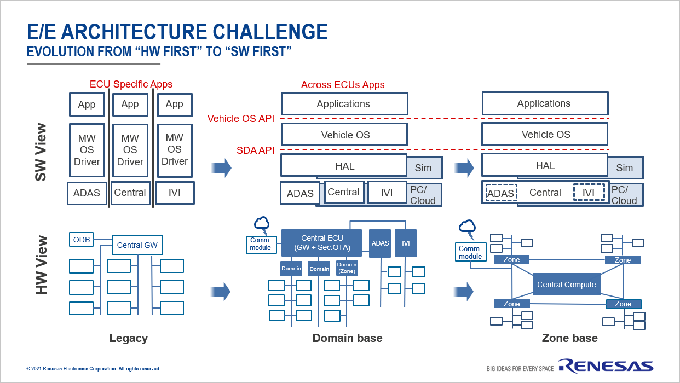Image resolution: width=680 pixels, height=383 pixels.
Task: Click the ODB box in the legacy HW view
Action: pyautogui.click(x=81, y=240)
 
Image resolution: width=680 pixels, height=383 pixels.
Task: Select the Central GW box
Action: pyautogui.click(x=137, y=245)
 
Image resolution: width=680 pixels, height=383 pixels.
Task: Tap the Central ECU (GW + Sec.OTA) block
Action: pyautogui.click(x=321, y=243)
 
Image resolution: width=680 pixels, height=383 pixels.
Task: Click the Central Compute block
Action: pyautogui.click(x=567, y=285)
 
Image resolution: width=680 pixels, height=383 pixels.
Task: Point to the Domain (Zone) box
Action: pyautogui.click(x=347, y=268)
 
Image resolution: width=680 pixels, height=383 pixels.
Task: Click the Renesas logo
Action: pyautogui.click(x=606, y=366)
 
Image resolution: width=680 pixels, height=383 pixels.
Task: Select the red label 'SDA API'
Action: pyautogui.click(x=255, y=150)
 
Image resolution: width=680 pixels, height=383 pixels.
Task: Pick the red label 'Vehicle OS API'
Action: pyautogui.click(x=240, y=119)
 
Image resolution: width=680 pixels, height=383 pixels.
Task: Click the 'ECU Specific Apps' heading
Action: pyautogui.click(x=131, y=84)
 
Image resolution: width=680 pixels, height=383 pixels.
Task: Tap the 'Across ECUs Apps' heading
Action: pyautogui.click(x=343, y=85)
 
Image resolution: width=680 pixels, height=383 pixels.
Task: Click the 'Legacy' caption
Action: pyautogui.click(x=129, y=338)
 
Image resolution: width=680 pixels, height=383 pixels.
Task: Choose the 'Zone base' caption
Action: pyautogui.click(x=569, y=338)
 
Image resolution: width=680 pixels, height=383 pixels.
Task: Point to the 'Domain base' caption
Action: pyautogui.click(x=347, y=338)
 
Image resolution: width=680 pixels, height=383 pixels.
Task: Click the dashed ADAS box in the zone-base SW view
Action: pyautogui.click(x=501, y=193)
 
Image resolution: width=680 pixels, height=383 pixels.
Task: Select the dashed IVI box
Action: pyautogui.click(x=589, y=193)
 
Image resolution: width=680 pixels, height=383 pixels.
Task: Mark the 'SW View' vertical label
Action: pyautogui.click(x=42, y=152)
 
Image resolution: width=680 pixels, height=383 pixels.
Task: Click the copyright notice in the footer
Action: pyautogui.click(x=94, y=369)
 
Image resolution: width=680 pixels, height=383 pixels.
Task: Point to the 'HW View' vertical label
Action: pyautogui.click(x=42, y=265)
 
